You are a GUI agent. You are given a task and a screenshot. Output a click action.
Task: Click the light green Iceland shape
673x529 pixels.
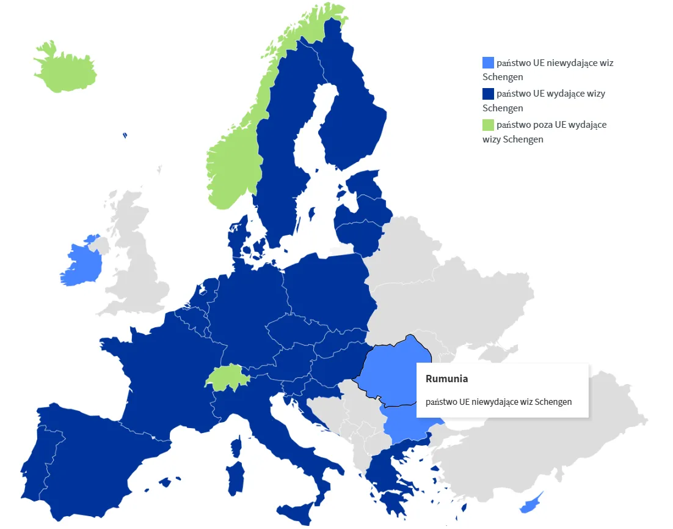64,67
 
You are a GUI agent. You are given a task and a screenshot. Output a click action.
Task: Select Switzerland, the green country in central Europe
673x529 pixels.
227,377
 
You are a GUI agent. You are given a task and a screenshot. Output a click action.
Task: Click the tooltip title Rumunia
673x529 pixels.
446,379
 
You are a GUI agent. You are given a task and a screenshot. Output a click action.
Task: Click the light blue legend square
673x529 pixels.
488,62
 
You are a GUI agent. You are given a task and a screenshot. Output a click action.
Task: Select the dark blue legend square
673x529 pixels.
488,94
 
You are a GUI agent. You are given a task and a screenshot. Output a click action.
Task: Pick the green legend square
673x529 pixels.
488,125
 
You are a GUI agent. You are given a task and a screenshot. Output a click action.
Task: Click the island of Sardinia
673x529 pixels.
235,477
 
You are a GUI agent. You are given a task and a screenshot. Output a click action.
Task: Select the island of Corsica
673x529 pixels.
236,446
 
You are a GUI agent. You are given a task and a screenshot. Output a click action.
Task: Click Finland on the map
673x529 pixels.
351,122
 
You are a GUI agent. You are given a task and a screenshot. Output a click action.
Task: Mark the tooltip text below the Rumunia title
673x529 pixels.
498,402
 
